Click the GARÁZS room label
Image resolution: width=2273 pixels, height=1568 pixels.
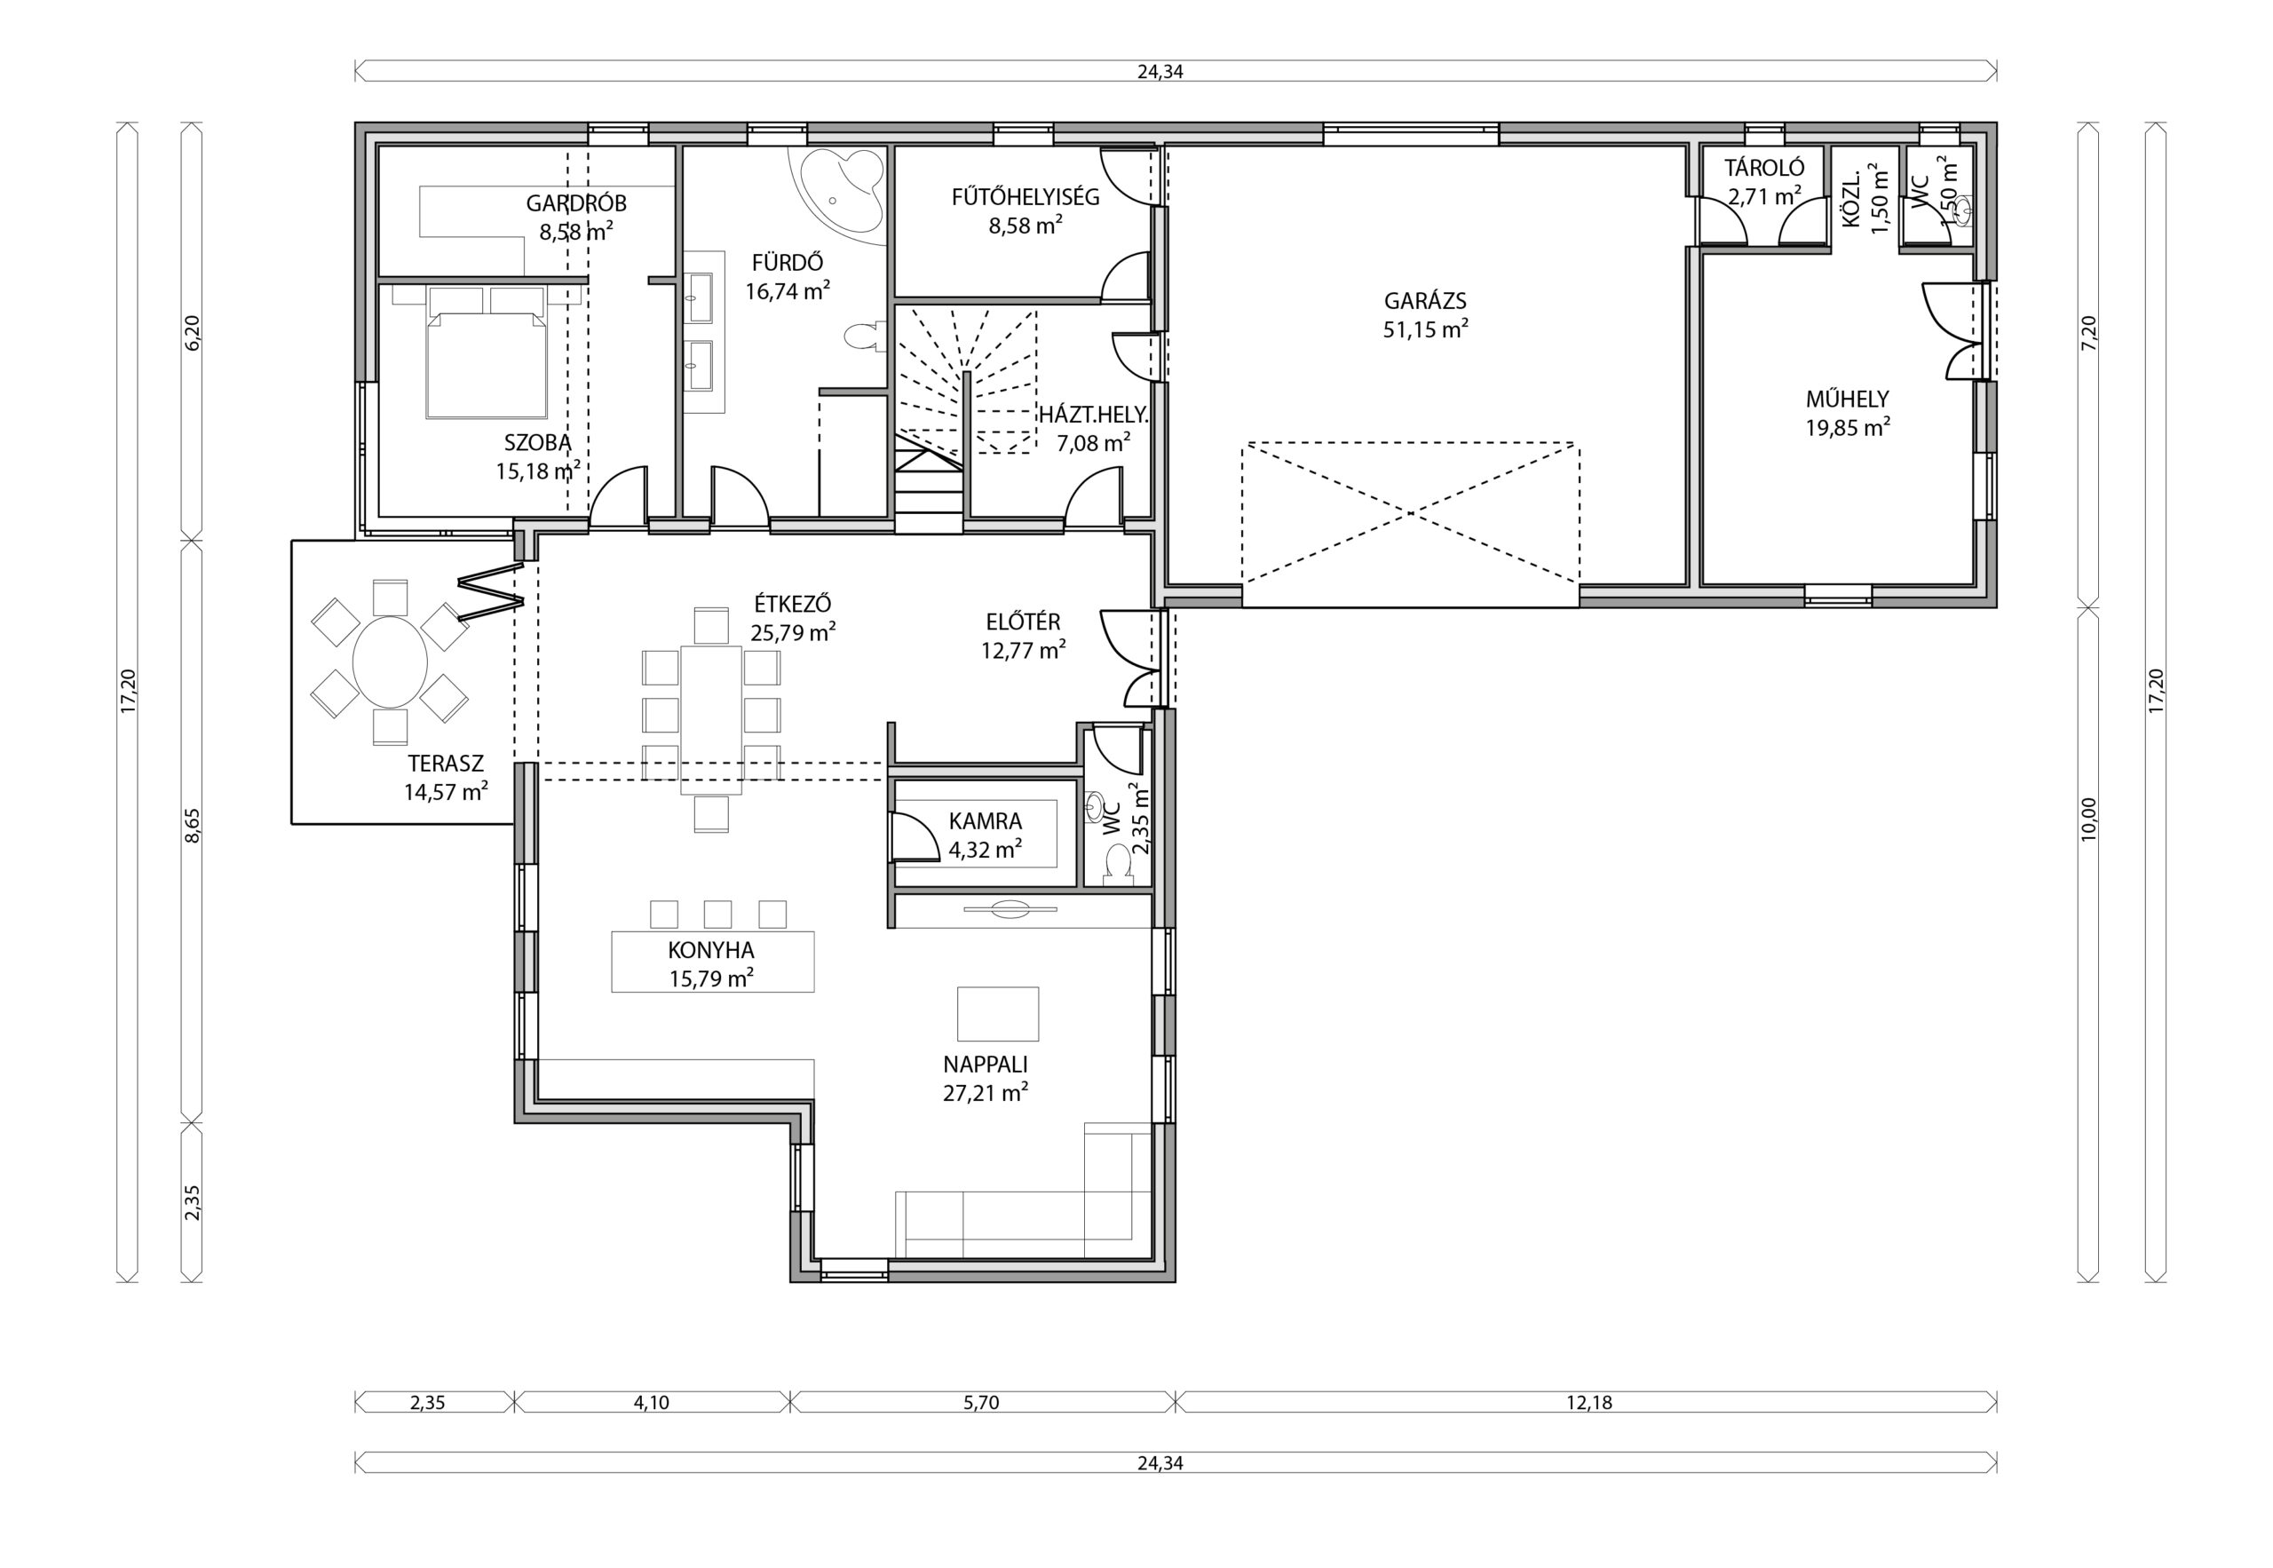[x=1425, y=302]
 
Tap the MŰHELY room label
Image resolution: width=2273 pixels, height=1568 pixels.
[x=1848, y=399]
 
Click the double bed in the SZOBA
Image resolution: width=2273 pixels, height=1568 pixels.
[x=487, y=352]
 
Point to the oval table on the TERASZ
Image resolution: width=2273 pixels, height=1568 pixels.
[x=390, y=661]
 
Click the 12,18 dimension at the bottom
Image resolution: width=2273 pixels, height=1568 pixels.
[x=1589, y=1403]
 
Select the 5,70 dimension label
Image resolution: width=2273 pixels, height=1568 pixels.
[x=981, y=1403]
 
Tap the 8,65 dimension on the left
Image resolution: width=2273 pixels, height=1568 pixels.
[x=193, y=825]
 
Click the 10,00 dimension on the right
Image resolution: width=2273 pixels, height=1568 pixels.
[x=2088, y=819]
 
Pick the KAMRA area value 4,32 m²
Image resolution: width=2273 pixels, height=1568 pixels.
[x=986, y=850]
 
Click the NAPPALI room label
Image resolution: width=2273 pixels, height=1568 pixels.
[x=986, y=1064]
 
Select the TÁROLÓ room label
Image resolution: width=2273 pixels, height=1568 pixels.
[x=1764, y=168]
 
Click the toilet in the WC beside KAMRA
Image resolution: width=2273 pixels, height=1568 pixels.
[x=1117, y=863]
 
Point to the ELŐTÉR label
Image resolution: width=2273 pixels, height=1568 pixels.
[x=1023, y=622]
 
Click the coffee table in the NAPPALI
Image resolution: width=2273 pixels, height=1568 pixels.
[x=998, y=1014]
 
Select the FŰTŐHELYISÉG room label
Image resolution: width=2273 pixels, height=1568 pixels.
[x=1025, y=196]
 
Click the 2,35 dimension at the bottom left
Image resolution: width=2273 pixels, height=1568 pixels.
[x=427, y=1403]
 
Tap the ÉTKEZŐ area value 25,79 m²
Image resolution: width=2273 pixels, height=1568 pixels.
[x=793, y=633]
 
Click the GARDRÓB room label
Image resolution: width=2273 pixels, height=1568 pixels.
[x=575, y=203]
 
